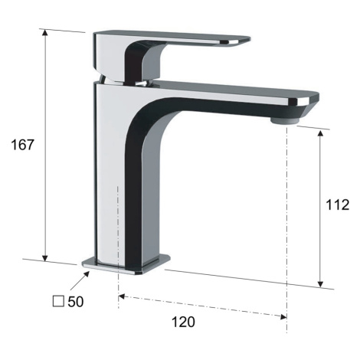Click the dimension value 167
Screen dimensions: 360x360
tap(22, 145)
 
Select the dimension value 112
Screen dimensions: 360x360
tap(337, 205)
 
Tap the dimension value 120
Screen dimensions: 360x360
tap(183, 322)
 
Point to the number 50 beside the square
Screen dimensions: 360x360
tap(76, 302)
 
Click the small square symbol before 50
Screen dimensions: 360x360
tap(58, 301)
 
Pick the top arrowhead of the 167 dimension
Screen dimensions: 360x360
tap(45, 33)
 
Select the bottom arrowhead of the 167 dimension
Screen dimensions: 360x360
tap(45, 258)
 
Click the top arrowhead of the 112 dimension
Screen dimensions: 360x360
tap(320, 133)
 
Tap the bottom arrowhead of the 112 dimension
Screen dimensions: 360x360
tap(320, 283)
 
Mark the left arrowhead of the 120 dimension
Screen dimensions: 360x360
tap(122, 296)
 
